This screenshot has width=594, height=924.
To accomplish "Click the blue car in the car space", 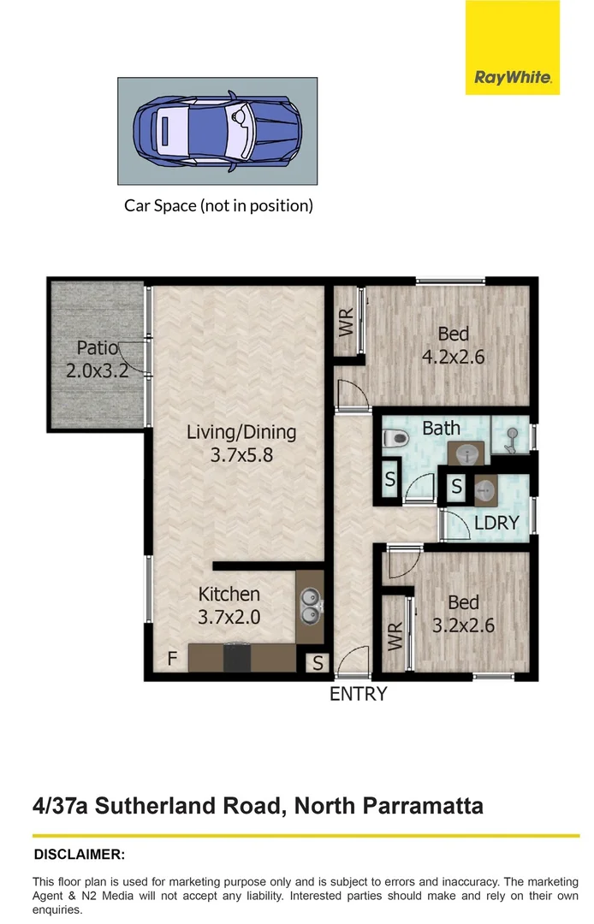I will pyautogui.click(x=217, y=130).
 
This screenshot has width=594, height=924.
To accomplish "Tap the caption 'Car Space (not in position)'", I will pyautogui.click(x=219, y=205).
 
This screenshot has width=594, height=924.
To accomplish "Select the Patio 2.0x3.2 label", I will pyautogui.click(x=97, y=359).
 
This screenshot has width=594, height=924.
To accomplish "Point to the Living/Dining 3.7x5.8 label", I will pyautogui.click(x=241, y=443).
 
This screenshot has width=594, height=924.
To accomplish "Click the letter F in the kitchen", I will pyautogui.click(x=172, y=660).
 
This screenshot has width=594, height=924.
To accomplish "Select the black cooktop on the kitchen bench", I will pyautogui.click(x=236, y=658).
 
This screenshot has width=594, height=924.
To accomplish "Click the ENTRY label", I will pyautogui.click(x=359, y=694).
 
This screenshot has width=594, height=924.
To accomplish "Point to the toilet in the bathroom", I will pyautogui.click(x=395, y=439).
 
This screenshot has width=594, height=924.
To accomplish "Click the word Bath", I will pyautogui.click(x=442, y=428).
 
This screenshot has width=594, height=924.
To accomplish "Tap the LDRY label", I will pyautogui.click(x=496, y=522).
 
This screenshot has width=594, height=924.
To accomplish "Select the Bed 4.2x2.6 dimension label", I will pyautogui.click(x=454, y=345).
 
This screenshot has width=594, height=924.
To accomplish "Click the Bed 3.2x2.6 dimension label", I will pyautogui.click(x=463, y=613).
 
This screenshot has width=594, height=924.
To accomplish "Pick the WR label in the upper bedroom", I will pyautogui.click(x=347, y=322).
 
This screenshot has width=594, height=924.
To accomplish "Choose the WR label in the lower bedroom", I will pyautogui.click(x=395, y=635).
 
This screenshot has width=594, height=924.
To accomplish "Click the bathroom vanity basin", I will pyautogui.click(x=467, y=453).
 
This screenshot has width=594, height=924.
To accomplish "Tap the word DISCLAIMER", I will pyautogui.click(x=79, y=854).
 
